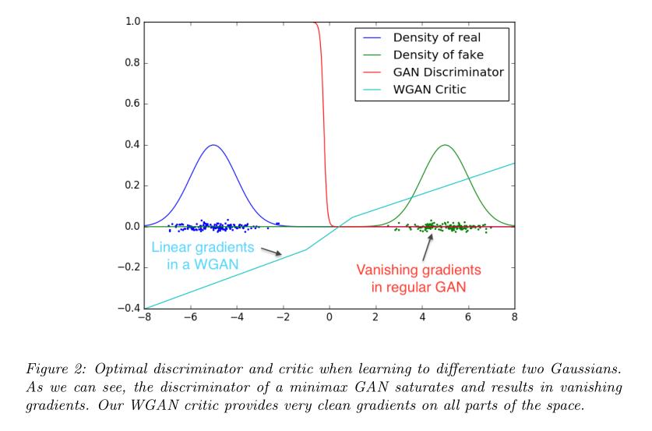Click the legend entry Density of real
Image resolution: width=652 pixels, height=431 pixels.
[435, 37]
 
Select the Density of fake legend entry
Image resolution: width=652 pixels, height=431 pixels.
[437, 55]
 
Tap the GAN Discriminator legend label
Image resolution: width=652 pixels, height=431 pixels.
[447, 72]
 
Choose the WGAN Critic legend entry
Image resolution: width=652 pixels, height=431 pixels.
[429, 90]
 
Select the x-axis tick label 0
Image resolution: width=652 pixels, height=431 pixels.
[330, 318]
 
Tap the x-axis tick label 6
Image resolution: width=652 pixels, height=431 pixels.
[468, 318]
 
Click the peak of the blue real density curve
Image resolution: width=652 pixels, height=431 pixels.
[213, 145]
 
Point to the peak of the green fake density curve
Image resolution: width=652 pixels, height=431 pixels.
[445, 145]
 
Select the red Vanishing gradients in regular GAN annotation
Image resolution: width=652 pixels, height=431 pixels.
[418, 277]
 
